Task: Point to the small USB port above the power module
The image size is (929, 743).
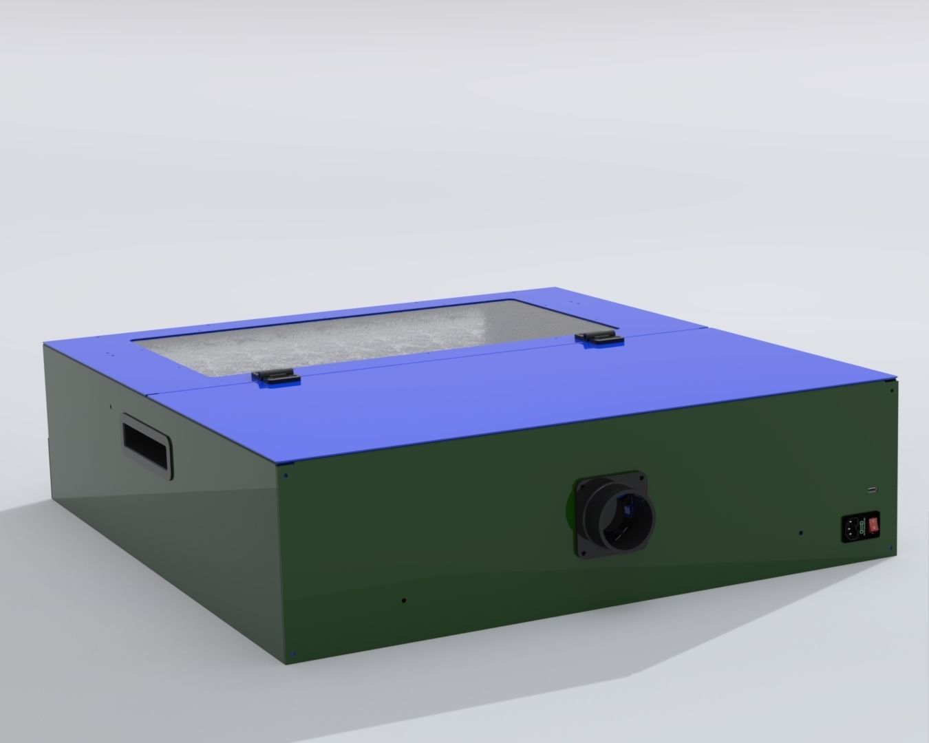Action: [873, 490]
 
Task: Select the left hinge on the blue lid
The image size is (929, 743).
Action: [275, 376]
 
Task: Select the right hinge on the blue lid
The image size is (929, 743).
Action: [598, 338]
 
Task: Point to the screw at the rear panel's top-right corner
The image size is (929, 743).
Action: [893, 390]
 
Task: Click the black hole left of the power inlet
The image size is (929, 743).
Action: [800, 532]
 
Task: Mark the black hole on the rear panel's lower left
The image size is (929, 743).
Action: [404, 599]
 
